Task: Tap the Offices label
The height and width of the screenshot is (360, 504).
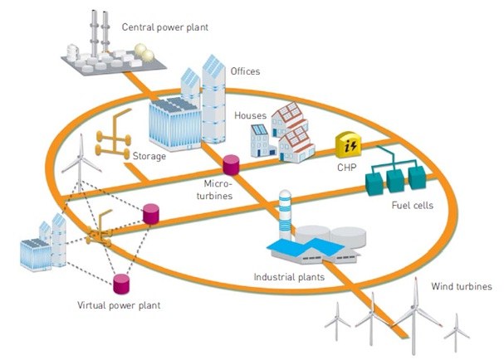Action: (246, 71)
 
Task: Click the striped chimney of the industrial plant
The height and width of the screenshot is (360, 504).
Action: (285, 211)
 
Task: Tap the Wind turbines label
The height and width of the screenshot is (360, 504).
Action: (462, 287)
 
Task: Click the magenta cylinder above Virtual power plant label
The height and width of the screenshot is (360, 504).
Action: (122, 282)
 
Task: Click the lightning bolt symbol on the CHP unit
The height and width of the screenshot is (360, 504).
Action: (350, 146)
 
